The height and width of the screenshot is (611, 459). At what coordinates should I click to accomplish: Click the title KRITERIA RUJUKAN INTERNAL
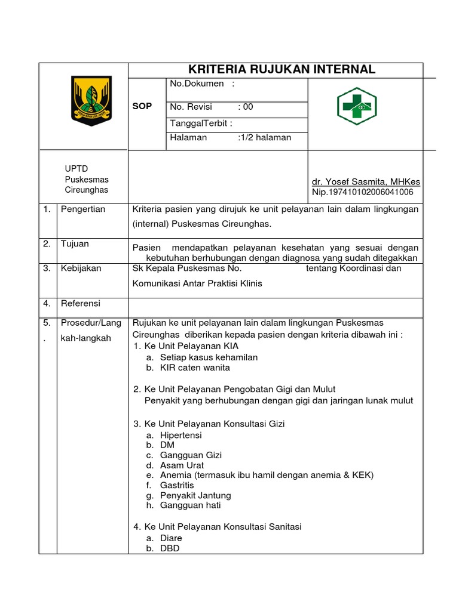tap(282, 70)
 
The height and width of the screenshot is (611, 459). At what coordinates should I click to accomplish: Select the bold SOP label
tap(142, 106)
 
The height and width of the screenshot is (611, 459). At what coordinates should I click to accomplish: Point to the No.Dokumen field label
tap(197, 84)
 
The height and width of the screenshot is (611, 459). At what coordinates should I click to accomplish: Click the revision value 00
tap(247, 107)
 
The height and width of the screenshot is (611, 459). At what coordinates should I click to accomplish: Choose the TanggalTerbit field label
tap(201, 123)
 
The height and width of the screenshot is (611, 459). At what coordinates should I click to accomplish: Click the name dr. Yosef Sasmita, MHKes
tap(366, 181)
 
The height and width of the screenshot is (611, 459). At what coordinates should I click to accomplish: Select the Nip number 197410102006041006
tap(362, 192)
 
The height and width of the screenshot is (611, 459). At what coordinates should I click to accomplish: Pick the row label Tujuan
tap(74, 244)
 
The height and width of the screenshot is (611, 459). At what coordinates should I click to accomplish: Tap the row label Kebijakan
tap(81, 268)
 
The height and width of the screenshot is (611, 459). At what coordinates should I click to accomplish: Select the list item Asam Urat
tap(182, 465)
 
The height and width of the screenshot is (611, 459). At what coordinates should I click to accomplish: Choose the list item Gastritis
tap(177, 485)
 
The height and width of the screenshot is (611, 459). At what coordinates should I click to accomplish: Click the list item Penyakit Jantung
tap(195, 495)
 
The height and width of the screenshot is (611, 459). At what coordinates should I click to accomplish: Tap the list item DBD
tap(170, 548)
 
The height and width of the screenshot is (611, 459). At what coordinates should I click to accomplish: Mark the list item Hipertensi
tap(181, 435)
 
